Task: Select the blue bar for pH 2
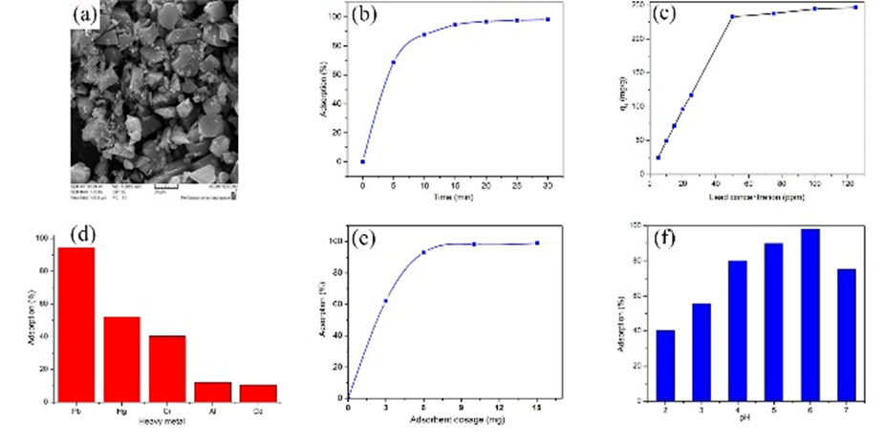(x=665, y=364)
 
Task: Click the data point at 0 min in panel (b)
(x=363, y=161)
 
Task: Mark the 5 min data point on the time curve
(x=394, y=63)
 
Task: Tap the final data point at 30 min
(x=548, y=19)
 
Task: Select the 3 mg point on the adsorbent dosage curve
(x=385, y=301)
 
